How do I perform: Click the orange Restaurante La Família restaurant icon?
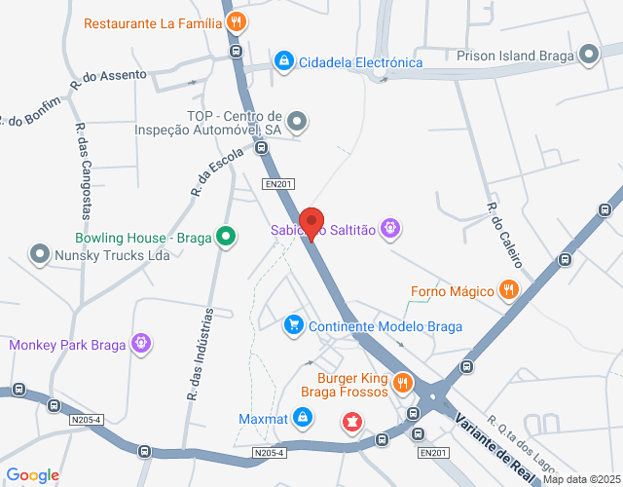click(x=235, y=21)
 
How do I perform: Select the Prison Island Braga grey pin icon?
click(x=589, y=55)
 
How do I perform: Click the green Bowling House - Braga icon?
click(x=226, y=237)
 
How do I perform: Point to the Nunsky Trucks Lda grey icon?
click(x=40, y=255)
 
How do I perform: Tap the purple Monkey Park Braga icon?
click(x=142, y=344)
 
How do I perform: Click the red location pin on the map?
click(x=311, y=223)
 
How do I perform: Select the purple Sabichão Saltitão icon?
click(x=390, y=229)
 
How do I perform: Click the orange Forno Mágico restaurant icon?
click(x=508, y=289)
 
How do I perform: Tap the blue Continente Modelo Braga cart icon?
click(x=292, y=325)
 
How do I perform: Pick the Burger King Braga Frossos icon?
click(x=403, y=385)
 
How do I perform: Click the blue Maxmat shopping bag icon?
click(x=304, y=419)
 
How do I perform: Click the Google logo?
click(x=32, y=475)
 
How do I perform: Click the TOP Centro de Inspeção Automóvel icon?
click(x=298, y=122)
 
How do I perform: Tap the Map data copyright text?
click(x=581, y=479)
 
